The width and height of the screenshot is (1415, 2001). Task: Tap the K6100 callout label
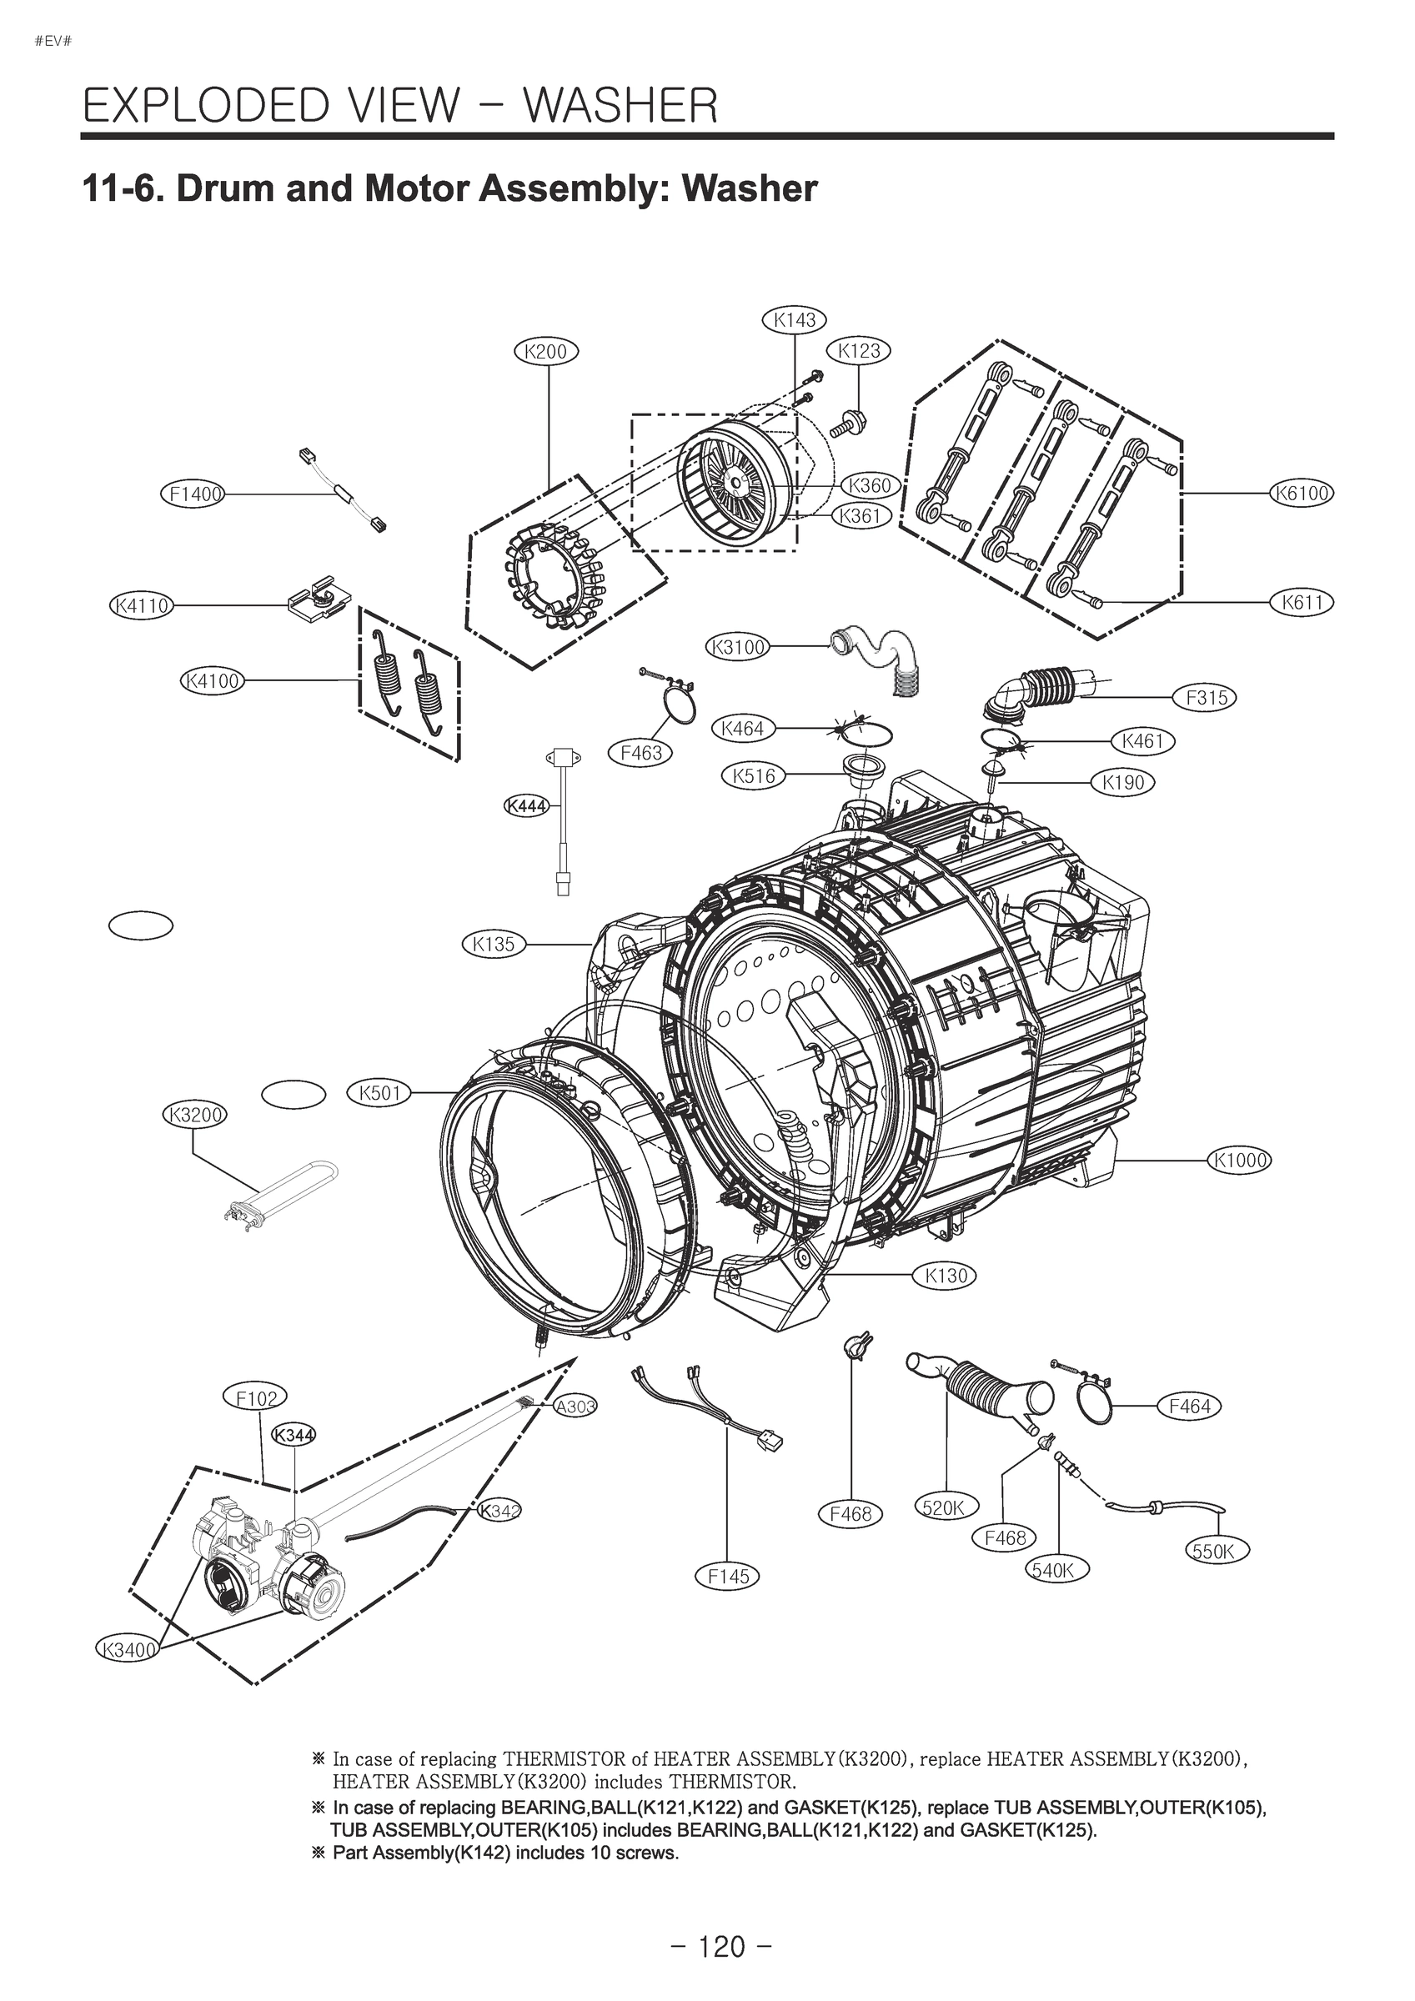coord(1302,494)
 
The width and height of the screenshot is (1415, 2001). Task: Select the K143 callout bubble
coord(795,320)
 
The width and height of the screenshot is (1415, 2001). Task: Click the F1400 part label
coord(193,494)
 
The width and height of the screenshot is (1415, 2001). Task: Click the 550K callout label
coord(1218,1551)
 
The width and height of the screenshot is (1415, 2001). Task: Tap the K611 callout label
coord(1302,601)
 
